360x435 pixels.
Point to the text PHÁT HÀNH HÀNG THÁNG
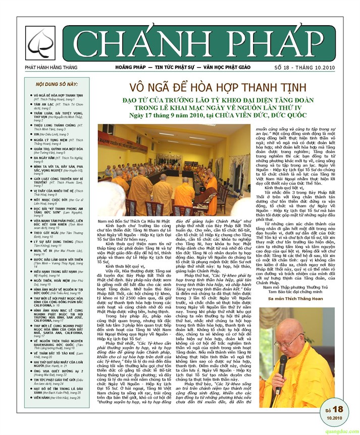49,67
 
